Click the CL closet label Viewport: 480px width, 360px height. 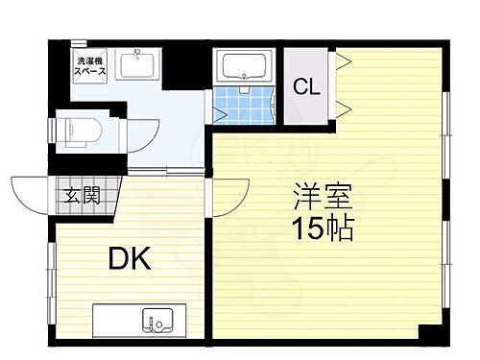pyautogui.click(x=306, y=86)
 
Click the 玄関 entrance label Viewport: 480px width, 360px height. pyautogui.click(x=80, y=198)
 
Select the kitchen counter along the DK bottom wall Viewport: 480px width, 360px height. pyautogui.click(x=149, y=318)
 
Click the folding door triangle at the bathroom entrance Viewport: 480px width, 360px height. pyautogui.click(x=220, y=114)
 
